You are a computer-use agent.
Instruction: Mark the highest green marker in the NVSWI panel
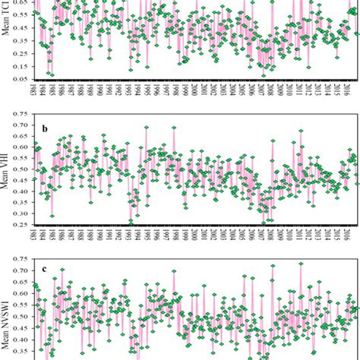pyautogui.click(x=301, y=264)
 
